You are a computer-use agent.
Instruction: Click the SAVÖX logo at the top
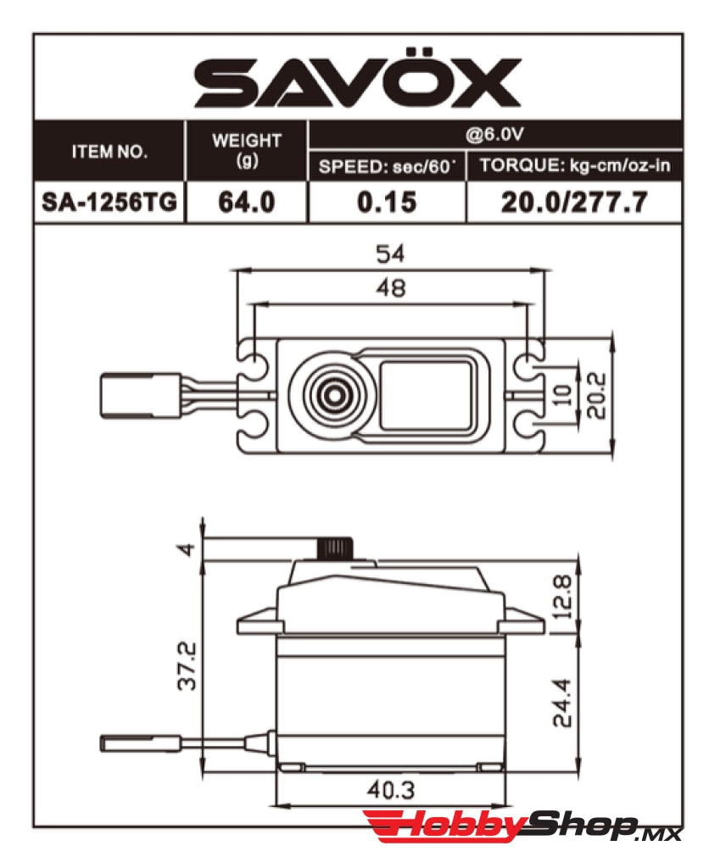click(x=357, y=84)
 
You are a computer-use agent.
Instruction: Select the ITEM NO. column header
click(x=109, y=153)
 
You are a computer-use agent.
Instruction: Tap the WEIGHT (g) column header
click(x=246, y=150)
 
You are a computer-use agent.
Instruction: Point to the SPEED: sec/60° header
click(x=387, y=166)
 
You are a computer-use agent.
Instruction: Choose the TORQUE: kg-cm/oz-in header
click(x=574, y=166)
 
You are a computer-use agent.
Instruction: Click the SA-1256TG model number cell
click(x=109, y=203)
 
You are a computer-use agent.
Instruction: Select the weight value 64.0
click(x=246, y=203)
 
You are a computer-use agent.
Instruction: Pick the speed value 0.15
click(x=387, y=203)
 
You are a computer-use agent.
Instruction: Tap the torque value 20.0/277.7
click(x=574, y=203)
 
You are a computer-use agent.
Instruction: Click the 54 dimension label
click(x=391, y=253)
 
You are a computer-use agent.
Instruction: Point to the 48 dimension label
click(x=391, y=288)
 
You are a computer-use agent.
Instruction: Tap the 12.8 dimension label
click(x=561, y=596)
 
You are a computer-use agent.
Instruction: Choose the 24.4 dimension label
click(x=561, y=702)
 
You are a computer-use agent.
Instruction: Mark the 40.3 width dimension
click(x=391, y=790)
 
